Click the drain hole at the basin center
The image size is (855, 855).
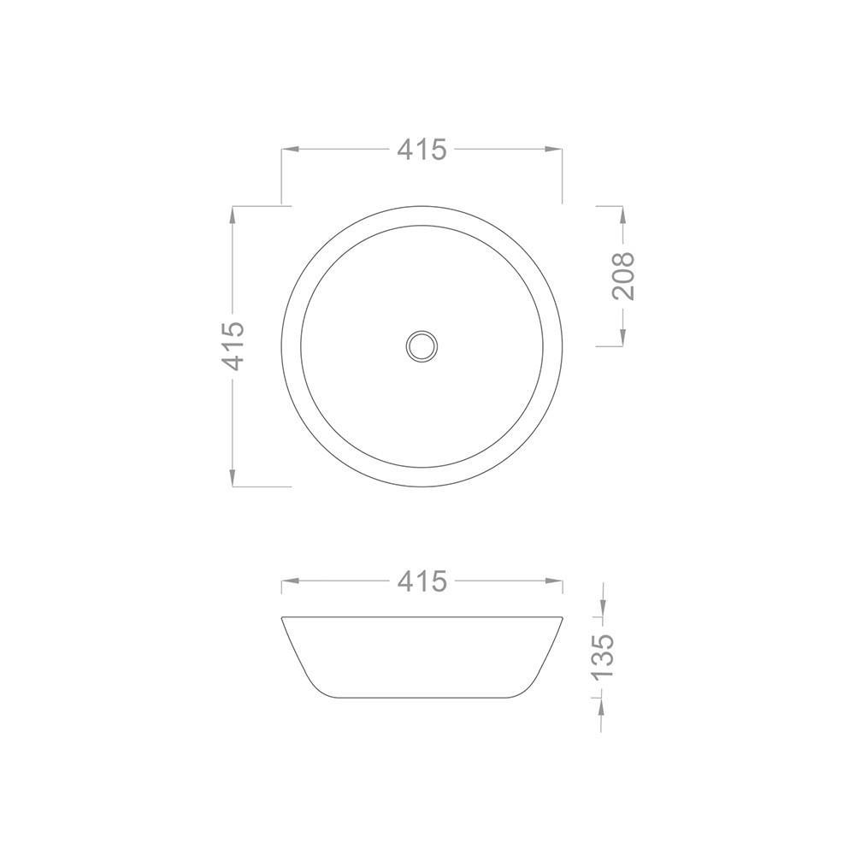click(x=422, y=345)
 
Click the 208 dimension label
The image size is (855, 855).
click(x=623, y=276)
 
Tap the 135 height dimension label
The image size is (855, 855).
click(x=602, y=656)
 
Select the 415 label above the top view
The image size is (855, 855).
click(x=422, y=149)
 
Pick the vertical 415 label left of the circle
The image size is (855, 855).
click(x=233, y=345)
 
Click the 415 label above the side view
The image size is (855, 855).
click(x=422, y=581)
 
